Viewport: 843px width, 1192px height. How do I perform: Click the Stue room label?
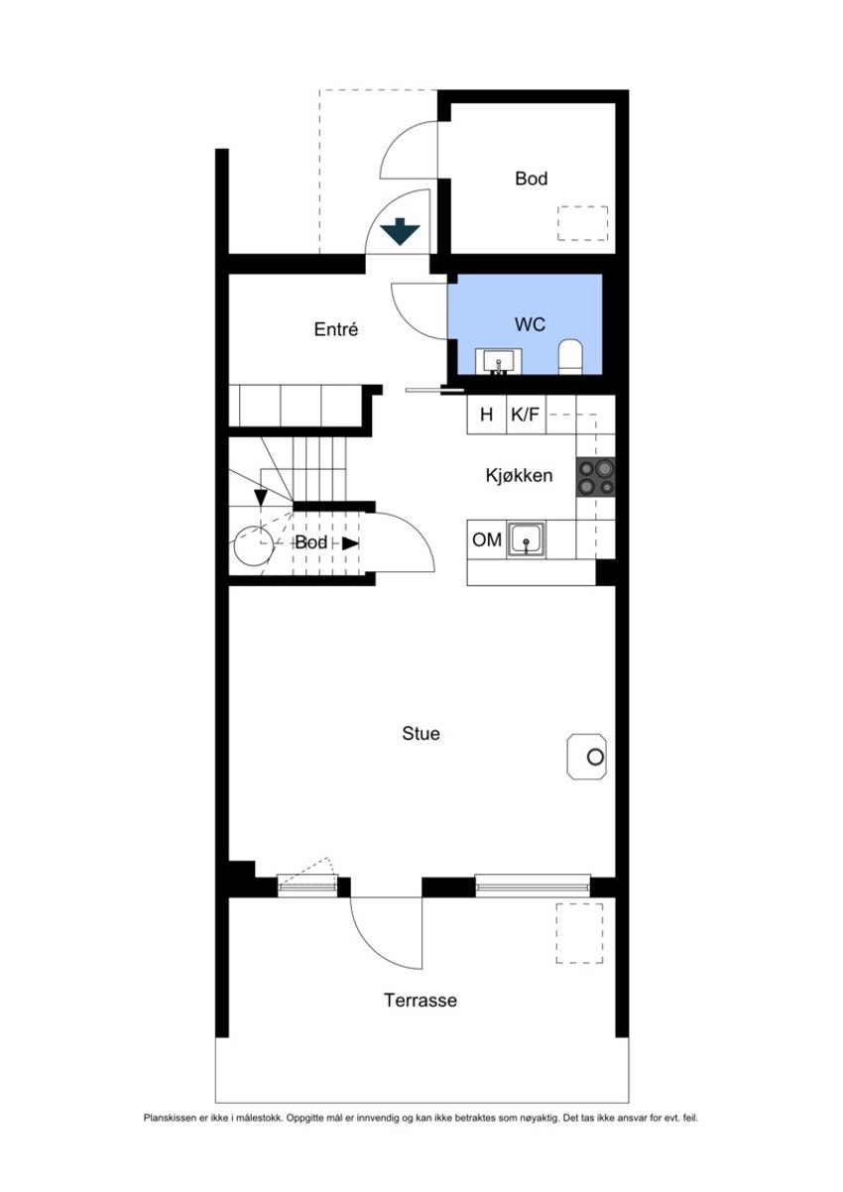click(421, 733)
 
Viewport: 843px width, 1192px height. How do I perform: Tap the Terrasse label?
click(421, 1000)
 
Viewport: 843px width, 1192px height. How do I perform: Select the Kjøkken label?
click(519, 475)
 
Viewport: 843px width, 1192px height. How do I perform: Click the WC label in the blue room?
click(530, 324)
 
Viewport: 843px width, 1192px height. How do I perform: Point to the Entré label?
click(336, 329)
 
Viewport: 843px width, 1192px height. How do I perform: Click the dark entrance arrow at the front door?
click(400, 231)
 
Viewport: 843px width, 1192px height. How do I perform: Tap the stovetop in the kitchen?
click(595, 477)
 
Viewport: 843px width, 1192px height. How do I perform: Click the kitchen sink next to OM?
click(526, 539)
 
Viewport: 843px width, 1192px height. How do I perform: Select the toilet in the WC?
click(571, 356)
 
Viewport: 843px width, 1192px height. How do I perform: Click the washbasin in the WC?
click(499, 362)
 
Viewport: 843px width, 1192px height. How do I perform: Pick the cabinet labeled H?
click(486, 414)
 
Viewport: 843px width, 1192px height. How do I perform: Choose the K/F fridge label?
click(525, 414)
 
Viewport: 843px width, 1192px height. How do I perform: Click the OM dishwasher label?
click(486, 539)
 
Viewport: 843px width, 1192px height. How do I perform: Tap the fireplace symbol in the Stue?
click(586, 757)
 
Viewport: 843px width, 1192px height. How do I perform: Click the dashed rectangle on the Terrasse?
click(579, 933)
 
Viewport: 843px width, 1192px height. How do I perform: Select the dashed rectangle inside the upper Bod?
click(583, 223)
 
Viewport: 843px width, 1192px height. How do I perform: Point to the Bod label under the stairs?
click(310, 542)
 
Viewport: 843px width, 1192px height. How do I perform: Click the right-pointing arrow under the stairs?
click(350, 543)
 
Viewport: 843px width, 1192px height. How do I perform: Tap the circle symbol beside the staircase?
click(255, 545)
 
